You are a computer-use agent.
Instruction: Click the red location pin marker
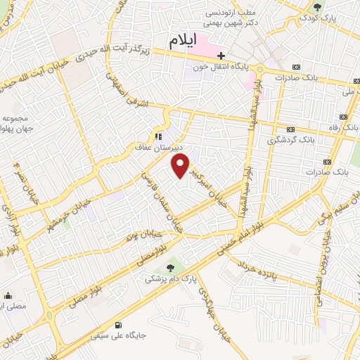pyautogui.click(x=181, y=166)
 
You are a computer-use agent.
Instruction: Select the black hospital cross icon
pyautogui.click(x=221, y=55)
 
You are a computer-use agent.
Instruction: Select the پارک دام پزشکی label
pyautogui.click(x=169, y=279)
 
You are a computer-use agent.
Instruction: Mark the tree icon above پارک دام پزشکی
pyautogui.click(x=169, y=267)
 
